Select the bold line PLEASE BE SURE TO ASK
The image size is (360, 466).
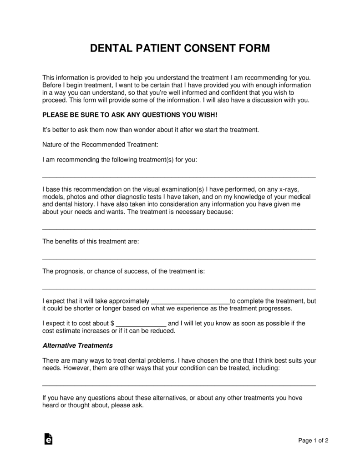pos(130,115)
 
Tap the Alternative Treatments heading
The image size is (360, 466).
pos(77,345)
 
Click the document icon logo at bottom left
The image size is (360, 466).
pos(48,439)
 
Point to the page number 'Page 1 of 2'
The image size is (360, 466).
pos(313,441)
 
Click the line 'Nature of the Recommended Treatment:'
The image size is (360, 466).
pos(100,145)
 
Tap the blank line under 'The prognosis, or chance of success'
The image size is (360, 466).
pos(179,288)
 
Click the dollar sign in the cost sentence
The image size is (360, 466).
pos(112,324)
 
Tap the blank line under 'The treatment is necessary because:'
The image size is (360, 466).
pos(179,228)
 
